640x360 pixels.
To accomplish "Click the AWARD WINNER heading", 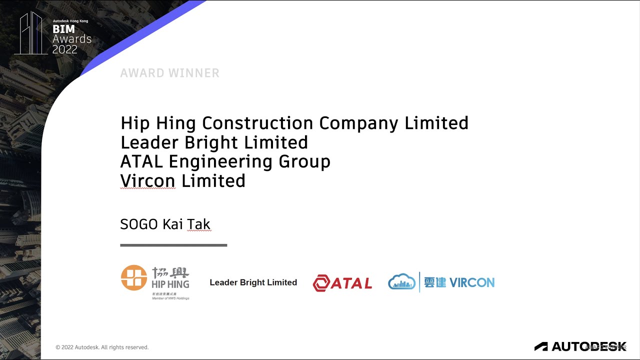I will (x=169, y=73).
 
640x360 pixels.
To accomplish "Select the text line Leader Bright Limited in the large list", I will (x=214, y=142).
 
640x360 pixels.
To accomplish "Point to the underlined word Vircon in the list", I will (x=148, y=180).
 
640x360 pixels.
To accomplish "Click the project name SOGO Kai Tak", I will (x=165, y=224).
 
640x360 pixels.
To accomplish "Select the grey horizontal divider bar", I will (x=173, y=245).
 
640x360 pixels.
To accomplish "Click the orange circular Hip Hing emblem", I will (x=134, y=277).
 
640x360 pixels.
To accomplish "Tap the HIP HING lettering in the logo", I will (x=170, y=284).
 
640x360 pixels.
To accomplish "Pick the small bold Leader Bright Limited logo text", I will (x=253, y=282).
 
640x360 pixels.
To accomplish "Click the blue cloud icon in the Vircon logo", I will (x=402, y=282).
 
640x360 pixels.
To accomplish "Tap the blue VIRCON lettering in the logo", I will (x=471, y=282).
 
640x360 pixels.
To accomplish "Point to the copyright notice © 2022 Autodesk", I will (x=102, y=347).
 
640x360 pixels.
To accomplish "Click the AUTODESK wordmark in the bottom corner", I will (x=588, y=346).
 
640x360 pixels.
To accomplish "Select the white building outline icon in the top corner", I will (x=31, y=33).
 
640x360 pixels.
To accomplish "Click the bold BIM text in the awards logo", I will (x=63, y=29).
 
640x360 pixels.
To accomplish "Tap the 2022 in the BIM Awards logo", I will (x=65, y=49).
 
